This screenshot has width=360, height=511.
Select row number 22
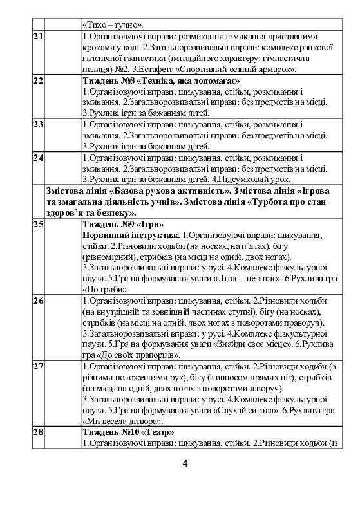click(x=38, y=81)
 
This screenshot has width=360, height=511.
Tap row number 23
click(x=38, y=124)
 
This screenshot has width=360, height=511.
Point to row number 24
click(x=38, y=158)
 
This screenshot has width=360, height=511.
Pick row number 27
click(x=38, y=367)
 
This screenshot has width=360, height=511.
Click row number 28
click(x=38, y=432)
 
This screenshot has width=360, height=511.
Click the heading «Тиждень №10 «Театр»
click(x=128, y=432)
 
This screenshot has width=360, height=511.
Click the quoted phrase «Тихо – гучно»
click(x=113, y=23)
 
